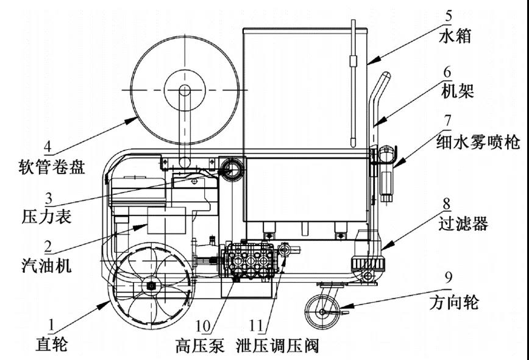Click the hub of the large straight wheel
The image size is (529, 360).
149,286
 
